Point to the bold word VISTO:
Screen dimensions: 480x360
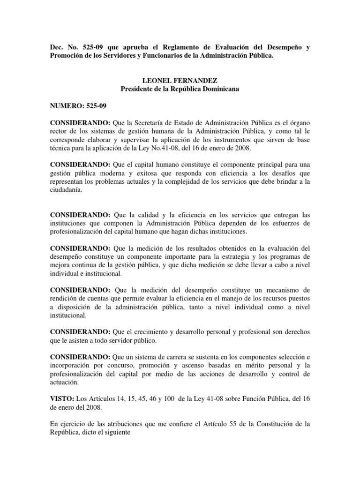[62, 398]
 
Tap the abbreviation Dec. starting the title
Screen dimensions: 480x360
[57, 48]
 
